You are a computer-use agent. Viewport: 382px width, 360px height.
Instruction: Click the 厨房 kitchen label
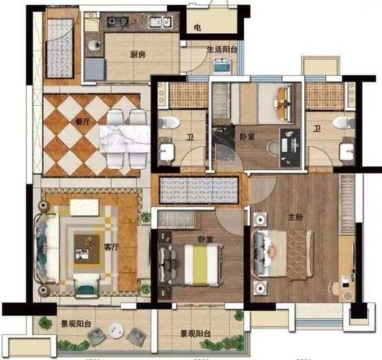[138, 55]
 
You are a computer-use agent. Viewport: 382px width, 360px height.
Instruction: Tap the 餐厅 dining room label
[83, 122]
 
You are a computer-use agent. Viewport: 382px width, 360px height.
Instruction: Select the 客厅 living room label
[112, 247]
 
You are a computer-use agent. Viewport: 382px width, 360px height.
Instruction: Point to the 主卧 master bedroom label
[296, 217]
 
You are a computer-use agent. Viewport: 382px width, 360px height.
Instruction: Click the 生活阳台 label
[222, 50]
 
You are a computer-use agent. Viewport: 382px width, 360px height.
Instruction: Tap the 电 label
[198, 27]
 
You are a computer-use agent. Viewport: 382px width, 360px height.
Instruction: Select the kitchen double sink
[160, 22]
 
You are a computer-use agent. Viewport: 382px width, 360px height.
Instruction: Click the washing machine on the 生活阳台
[222, 66]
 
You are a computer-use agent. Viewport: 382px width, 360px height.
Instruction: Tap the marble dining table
[124, 138]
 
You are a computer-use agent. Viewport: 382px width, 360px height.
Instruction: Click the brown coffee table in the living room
[87, 249]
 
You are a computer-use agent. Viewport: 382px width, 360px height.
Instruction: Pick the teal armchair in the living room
[87, 286]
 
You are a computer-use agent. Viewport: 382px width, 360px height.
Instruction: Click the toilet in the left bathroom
[169, 122]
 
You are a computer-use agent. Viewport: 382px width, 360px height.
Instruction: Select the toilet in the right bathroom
[345, 122]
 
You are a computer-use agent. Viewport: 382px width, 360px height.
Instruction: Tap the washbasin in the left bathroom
[167, 152]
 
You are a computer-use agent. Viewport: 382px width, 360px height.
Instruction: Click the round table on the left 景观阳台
[117, 330]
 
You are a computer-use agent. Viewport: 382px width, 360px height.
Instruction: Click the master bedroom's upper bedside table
[260, 220]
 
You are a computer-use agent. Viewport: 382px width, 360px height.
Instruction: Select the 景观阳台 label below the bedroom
[195, 333]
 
